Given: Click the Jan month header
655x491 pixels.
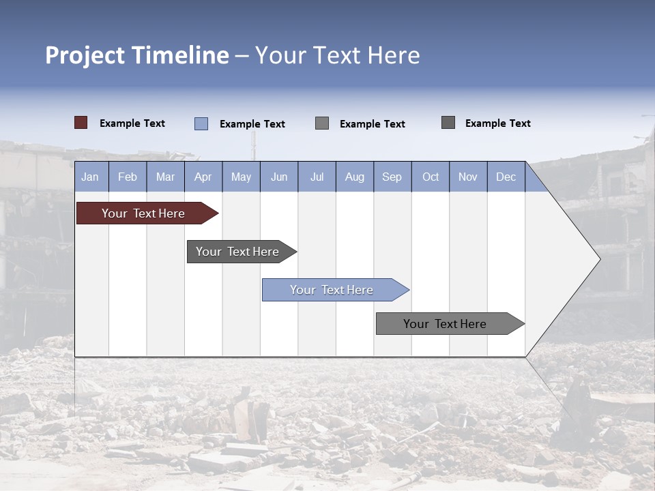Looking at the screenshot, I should coord(90,177).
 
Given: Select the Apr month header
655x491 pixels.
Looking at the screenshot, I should coord(203,177).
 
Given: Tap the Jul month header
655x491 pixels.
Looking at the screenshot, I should coord(317,177).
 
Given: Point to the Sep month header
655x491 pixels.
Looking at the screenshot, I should coord(392,177).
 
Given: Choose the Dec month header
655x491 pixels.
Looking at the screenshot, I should coord(506,177).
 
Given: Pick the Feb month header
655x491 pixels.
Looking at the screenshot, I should coord(128,177).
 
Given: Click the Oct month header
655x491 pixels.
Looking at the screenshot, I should coord(431,177).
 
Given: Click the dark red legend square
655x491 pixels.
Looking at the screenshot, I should coord(81,123).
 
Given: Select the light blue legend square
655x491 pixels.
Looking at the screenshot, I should coord(201,123).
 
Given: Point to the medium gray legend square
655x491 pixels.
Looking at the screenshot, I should coord(322,123).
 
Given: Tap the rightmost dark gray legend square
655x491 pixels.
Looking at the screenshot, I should coord(448,123).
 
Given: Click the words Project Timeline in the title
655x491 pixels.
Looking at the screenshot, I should coord(136,55).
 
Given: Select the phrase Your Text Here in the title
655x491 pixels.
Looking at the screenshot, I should coord(337,55).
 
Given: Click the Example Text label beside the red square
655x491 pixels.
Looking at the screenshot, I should coord(132,123).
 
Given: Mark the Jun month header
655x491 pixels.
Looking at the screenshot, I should coord(279,177).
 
